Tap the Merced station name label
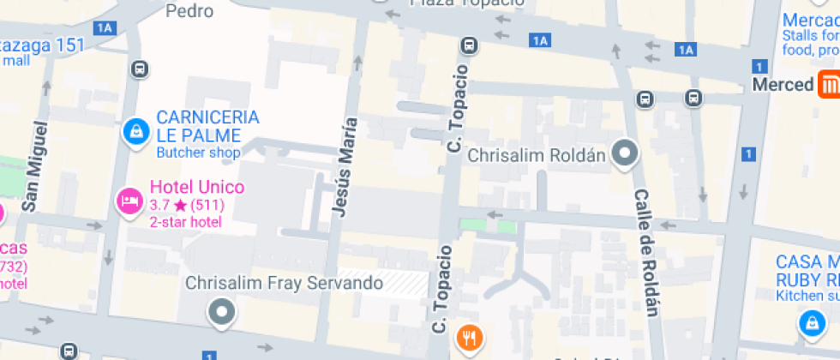click(x=782, y=85)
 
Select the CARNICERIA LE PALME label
click(x=207, y=126)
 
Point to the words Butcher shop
click(x=198, y=153)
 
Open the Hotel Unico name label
click(x=196, y=188)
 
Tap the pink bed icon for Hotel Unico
click(x=129, y=201)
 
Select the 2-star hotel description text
click(x=186, y=223)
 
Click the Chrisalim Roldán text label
click(x=537, y=156)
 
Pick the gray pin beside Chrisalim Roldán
click(x=627, y=153)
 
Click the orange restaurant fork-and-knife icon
click(x=468, y=338)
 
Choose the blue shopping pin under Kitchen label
click(x=810, y=324)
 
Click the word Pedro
click(x=189, y=11)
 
